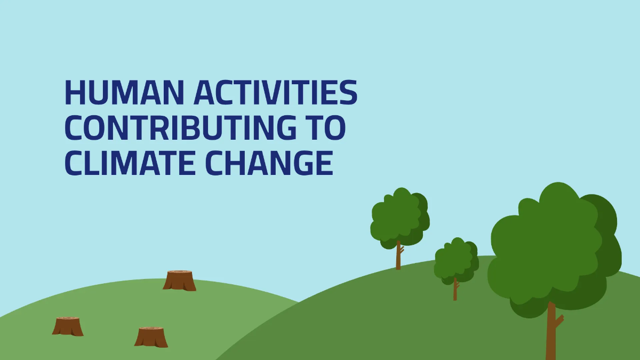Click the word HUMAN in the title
[124, 93]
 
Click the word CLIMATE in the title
[131, 163]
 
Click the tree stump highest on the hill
[180, 281]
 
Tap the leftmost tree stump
[68, 326]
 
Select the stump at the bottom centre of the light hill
[151, 337]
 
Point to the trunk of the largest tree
[550, 336]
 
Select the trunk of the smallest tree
[455, 291]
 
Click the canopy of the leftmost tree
[399, 216]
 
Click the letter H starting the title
[75, 93]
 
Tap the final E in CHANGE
[323, 163]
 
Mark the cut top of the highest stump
[180, 273]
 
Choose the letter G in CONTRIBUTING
[283, 127]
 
